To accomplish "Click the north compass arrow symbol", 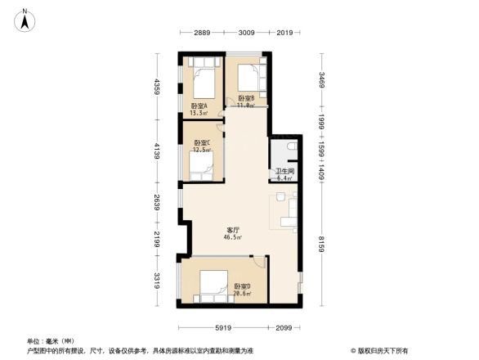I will tap(25, 19).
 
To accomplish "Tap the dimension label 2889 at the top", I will tap(203, 33).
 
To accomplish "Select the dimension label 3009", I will tap(246, 33).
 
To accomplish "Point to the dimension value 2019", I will tap(285, 33).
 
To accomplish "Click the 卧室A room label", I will tap(199, 110).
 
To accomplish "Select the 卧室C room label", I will tap(202, 146).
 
